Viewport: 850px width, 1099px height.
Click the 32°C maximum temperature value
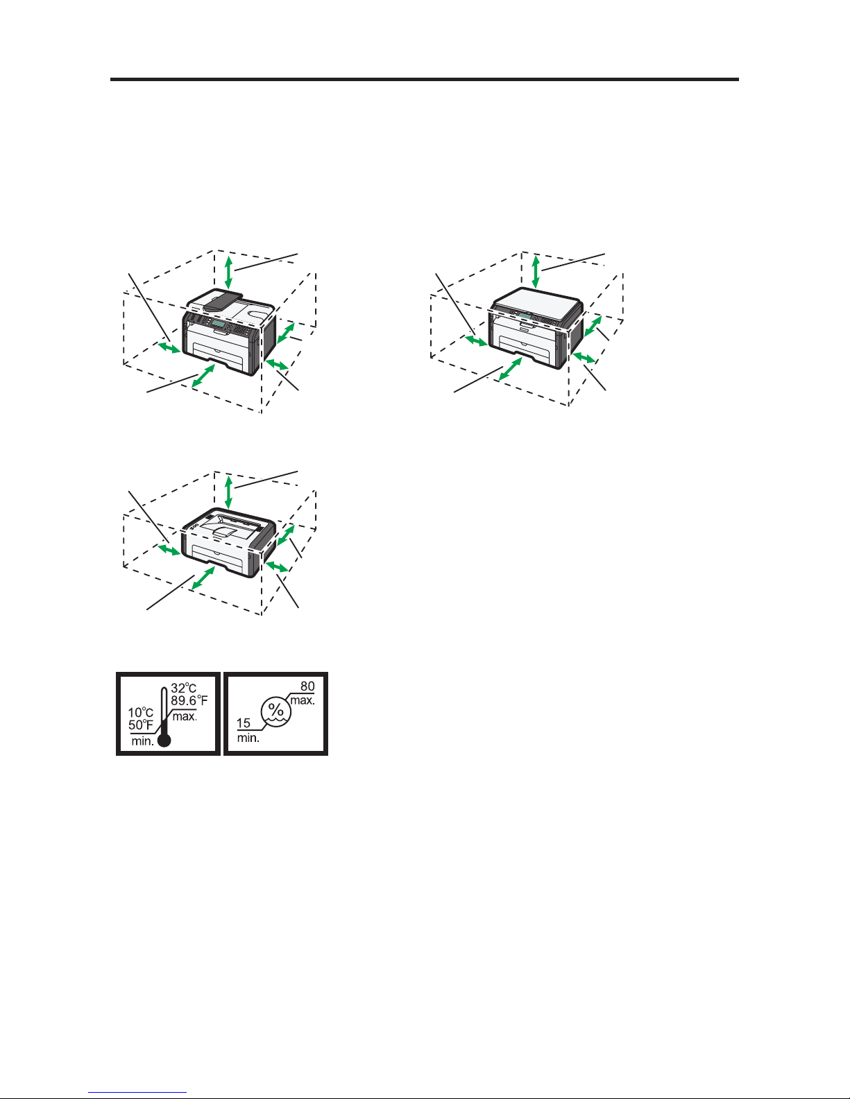tap(183, 688)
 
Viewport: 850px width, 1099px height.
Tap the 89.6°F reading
tap(189, 700)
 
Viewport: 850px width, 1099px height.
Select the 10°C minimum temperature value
tap(140, 713)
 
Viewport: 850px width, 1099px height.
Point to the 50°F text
tap(141, 725)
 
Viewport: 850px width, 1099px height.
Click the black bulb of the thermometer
tap(164, 741)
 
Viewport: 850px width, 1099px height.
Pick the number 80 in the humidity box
tap(307, 686)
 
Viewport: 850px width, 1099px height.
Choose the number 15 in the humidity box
tap(244, 723)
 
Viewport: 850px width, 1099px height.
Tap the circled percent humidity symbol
tap(275, 711)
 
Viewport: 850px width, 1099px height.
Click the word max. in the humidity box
tap(303, 701)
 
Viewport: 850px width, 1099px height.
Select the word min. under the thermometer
tap(143, 741)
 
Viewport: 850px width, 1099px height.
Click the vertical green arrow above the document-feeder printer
tap(229, 272)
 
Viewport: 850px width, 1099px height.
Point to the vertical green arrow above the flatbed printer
tap(536, 272)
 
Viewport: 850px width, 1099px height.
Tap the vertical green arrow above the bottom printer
tap(229, 492)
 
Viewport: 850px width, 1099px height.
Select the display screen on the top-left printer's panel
tap(219, 323)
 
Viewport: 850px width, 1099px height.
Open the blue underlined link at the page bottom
tap(137, 1093)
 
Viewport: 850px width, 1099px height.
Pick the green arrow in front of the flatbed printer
tap(511, 369)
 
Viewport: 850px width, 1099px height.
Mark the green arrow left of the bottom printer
tap(169, 549)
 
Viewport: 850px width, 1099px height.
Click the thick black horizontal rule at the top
tap(425, 80)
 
